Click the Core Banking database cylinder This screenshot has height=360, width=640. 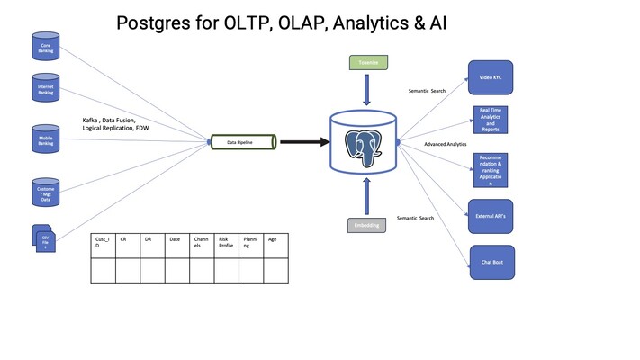tap(45, 46)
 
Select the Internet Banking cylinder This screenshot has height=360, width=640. tap(45, 89)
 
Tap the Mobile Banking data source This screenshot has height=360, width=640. tap(45, 139)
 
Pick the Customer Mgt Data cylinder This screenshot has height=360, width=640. tap(45, 193)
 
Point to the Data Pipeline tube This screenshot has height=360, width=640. tap(244, 142)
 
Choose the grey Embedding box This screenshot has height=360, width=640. tap(366, 225)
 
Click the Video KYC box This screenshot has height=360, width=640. tap(490, 77)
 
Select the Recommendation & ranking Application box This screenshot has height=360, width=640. tap(491, 170)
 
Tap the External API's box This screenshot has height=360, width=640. tap(491, 216)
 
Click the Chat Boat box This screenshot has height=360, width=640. tap(492, 262)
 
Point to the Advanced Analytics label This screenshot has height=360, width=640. tap(445, 144)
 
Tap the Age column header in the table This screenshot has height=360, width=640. tap(275, 239)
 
